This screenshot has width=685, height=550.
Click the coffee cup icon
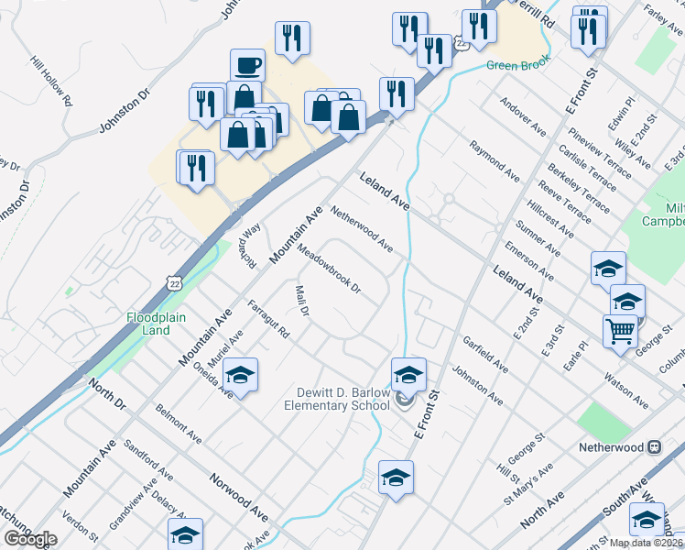click(246, 66)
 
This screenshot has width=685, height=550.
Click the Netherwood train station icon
click(654, 447)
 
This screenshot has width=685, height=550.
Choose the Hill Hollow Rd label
click(50, 81)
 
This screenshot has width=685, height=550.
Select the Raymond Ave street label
click(495, 159)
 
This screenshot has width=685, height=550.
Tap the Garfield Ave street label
click(485, 353)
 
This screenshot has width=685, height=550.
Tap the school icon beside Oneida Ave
click(240, 376)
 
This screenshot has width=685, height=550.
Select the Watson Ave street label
click(625, 390)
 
